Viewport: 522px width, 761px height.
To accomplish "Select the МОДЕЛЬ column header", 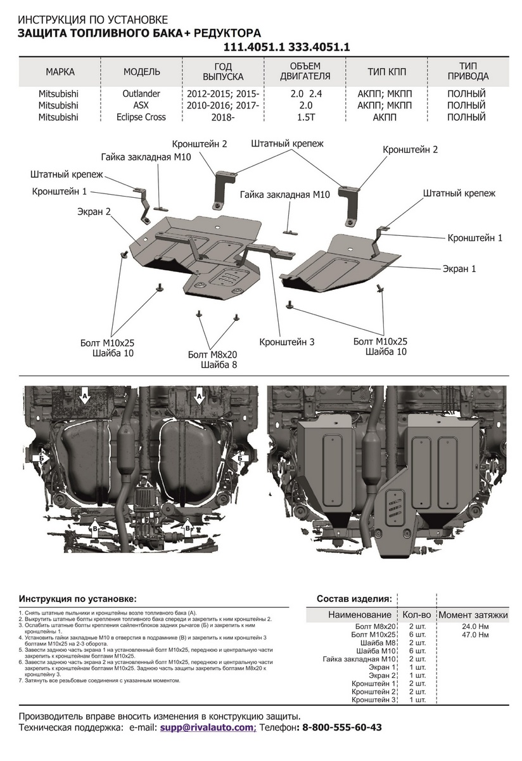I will [141, 72].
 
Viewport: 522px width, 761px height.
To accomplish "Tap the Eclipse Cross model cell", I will [141, 117].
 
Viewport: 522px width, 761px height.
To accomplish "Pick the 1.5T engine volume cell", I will [305, 117].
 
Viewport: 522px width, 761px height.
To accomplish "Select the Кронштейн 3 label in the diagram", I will [287, 342].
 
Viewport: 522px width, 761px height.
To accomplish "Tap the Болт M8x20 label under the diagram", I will [212, 354].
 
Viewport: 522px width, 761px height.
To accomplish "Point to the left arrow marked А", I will [86, 397].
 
